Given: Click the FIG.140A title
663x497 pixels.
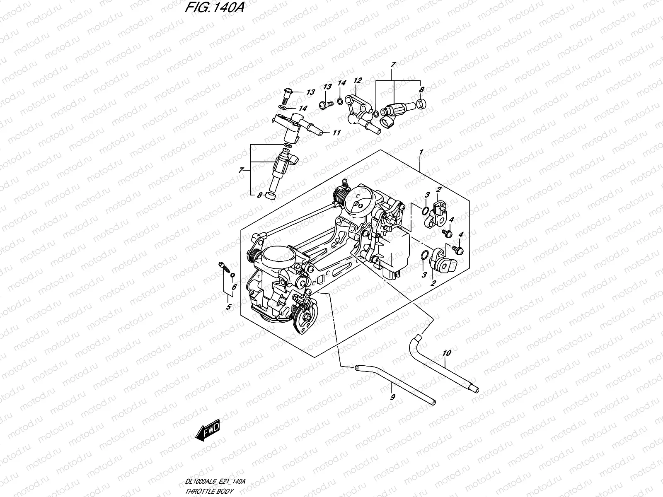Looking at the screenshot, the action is [x=214, y=7].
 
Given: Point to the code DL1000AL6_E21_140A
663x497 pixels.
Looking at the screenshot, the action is [x=215, y=481].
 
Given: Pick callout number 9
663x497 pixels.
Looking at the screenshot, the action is [x=392, y=397].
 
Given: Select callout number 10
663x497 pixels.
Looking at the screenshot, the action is [x=447, y=353].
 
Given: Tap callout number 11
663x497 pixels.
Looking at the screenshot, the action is [x=336, y=133].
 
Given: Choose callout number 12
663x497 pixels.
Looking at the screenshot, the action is [x=358, y=81].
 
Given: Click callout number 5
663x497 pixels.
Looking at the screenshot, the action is [x=229, y=307].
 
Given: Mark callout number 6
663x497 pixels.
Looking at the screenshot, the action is [x=234, y=287].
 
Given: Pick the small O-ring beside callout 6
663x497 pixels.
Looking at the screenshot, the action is [x=232, y=275].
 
